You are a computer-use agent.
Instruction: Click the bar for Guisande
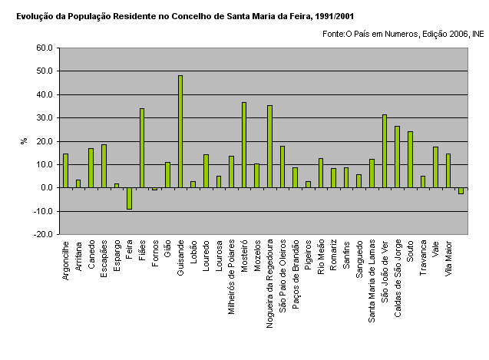[180, 131]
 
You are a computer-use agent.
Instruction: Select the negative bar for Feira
[129, 198]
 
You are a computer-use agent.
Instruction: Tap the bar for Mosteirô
[244, 145]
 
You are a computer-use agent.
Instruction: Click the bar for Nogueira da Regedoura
[269, 147]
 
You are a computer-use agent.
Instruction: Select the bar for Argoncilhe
[65, 170]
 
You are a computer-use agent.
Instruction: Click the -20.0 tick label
[42, 234]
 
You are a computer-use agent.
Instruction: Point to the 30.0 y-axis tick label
[44, 117]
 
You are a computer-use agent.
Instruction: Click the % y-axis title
[24, 141]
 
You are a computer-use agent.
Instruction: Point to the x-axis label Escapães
[104, 261]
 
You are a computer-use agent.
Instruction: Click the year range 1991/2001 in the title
[334, 15]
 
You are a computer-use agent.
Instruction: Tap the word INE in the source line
[477, 34]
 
